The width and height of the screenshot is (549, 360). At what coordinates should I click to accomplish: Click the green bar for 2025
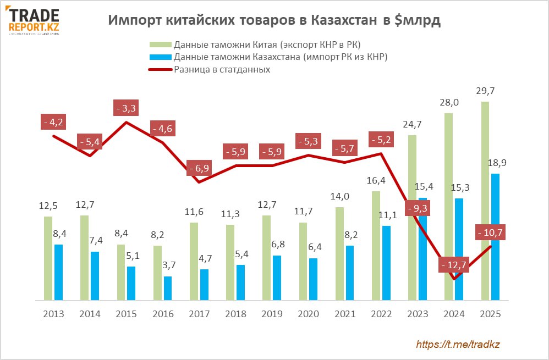(x=485, y=201)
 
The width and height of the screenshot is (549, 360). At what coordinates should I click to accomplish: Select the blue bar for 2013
(x=58, y=273)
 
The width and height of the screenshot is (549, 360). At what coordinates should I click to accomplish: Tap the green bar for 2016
(x=157, y=273)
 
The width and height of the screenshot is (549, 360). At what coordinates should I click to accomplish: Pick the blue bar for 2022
(x=387, y=263)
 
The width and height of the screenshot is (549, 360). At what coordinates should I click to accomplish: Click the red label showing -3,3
(x=126, y=109)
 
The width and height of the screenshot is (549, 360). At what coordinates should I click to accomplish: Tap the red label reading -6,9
(x=198, y=168)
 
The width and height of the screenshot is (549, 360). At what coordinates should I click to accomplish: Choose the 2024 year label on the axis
(x=453, y=314)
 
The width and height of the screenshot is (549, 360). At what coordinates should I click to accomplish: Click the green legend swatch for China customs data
(x=160, y=45)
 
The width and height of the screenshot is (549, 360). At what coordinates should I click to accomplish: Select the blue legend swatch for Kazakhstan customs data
(x=160, y=57)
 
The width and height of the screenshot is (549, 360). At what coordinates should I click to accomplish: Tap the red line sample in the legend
(x=160, y=69)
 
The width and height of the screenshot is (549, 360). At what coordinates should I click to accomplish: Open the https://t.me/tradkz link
(x=458, y=345)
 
